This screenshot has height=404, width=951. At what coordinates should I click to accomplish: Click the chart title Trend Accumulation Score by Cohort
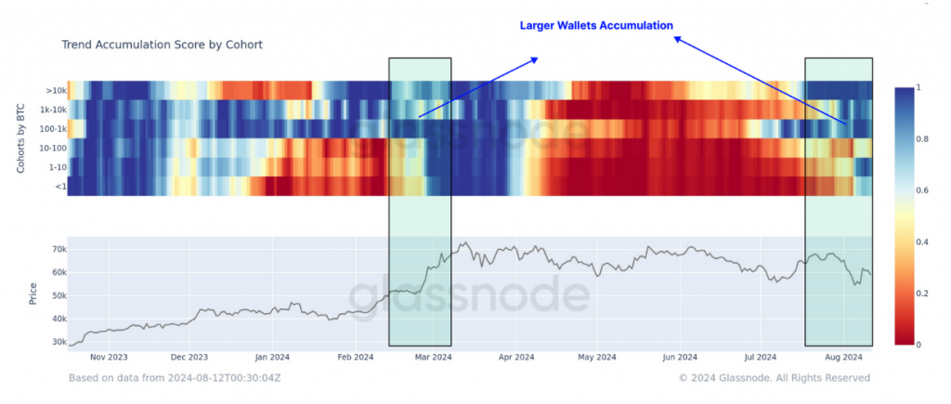[163, 45]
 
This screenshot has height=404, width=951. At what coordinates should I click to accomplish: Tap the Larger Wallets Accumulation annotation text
[595, 25]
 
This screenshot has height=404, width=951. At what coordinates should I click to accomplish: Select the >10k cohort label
[56, 90]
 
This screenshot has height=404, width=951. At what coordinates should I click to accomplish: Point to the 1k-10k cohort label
[52, 109]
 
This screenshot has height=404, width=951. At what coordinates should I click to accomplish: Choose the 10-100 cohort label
[52, 147]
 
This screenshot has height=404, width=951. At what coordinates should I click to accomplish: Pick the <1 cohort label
[59, 186]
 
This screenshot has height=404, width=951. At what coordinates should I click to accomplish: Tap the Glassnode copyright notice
[774, 378]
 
